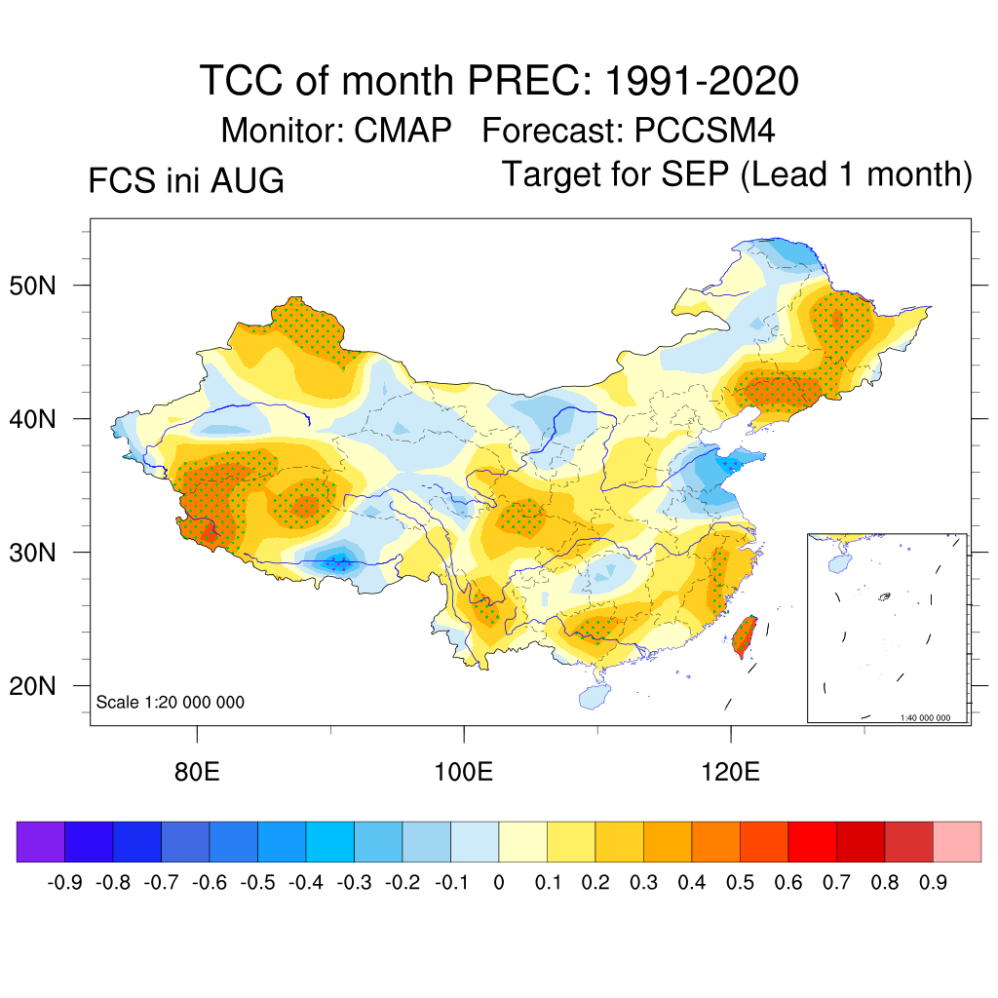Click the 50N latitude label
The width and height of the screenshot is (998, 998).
[x=32, y=286]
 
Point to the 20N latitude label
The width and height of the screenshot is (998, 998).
[x=32, y=686]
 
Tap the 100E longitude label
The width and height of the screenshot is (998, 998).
[x=463, y=772]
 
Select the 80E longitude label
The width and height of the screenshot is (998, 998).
[x=197, y=772]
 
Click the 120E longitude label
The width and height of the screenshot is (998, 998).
[x=730, y=772]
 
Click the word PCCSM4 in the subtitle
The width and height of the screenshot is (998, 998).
[x=705, y=131]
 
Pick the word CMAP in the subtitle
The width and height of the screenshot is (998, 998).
[x=403, y=131]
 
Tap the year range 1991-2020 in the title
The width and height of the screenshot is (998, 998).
[x=702, y=81]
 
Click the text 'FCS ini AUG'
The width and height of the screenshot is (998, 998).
[x=186, y=180]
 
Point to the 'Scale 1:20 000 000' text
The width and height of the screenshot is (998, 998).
[x=170, y=702]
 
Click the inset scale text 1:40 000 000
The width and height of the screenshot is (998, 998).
[x=925, y=718]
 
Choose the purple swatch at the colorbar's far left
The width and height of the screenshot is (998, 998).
[x=41, y=841]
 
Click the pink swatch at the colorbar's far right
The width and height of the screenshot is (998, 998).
[x=957, y=841]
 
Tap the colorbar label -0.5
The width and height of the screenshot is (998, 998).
[x=257, y=883]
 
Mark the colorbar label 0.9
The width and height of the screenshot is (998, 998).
[x=933, y=883]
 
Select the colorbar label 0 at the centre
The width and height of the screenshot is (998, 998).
[x=499, y=883]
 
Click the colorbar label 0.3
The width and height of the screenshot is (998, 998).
[x=643, y=883]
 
